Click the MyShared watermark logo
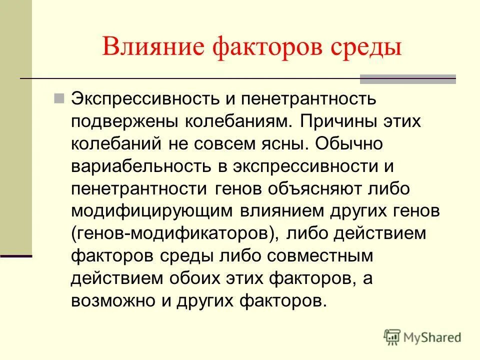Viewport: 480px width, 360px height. [x=422, y=337]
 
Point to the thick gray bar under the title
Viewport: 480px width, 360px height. [x=408, y=78]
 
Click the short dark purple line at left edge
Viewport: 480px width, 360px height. [x=15, y=256]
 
